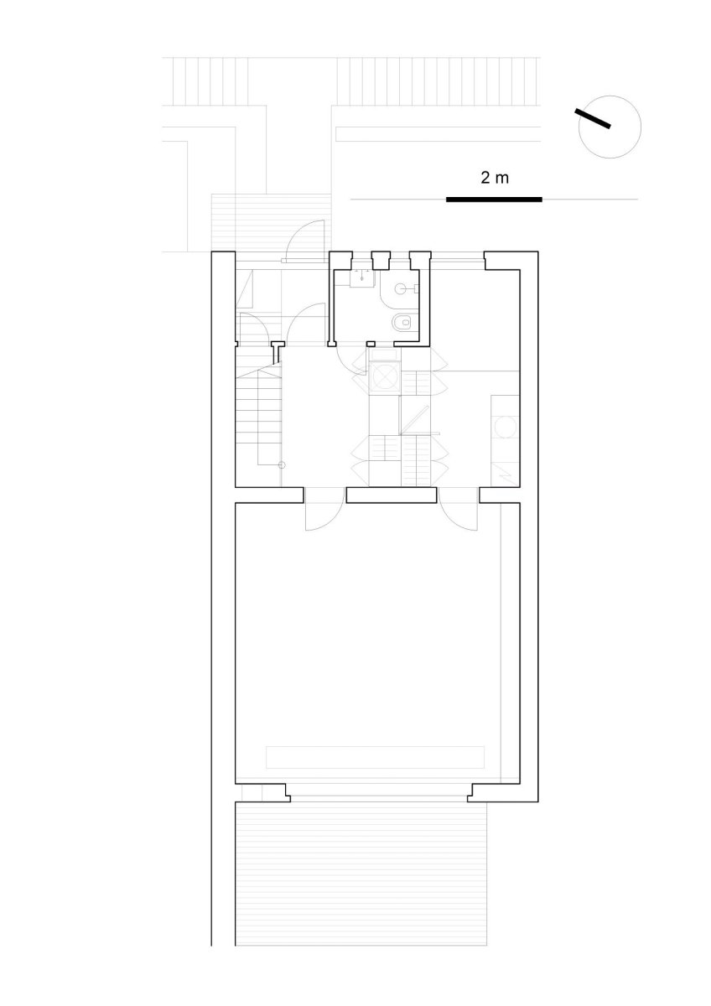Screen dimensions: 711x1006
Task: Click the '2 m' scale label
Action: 495,179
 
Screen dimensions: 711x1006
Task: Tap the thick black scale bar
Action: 494,199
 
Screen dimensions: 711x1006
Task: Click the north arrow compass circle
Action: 610,127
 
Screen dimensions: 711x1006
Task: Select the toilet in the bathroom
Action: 402,322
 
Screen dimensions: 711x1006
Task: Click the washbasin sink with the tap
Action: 362,278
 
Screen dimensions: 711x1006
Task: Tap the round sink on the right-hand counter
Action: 506,426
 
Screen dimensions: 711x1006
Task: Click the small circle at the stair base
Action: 282,465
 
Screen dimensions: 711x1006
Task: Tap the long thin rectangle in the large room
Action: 375,757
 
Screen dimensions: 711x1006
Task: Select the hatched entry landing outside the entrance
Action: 272,223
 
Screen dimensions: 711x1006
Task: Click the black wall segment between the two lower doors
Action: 392,495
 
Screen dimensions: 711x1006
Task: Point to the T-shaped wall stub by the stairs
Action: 278,351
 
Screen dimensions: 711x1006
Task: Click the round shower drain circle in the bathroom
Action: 399,288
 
